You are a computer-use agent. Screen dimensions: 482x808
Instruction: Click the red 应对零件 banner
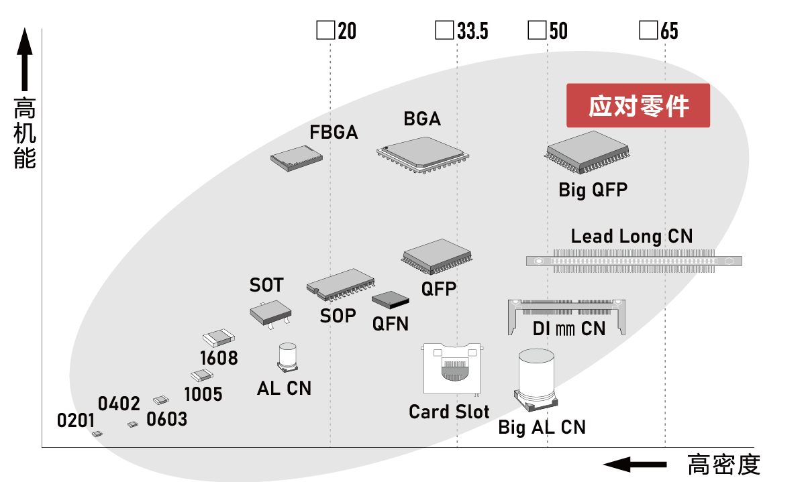(x=638, y=106)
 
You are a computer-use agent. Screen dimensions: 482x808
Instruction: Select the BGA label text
(x=422, y=119)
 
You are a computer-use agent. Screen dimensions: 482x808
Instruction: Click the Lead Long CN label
(x=632, y=236)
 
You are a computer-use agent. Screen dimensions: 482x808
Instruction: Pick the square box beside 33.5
(x=444, y=31)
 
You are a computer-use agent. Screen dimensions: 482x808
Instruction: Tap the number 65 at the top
(x=669, y=32)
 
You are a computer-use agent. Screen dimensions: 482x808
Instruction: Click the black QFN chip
(x=391, y=303)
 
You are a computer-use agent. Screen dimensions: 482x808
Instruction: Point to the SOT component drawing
(x=271, y=312)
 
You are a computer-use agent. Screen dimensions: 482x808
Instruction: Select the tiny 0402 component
(x=133, y=424)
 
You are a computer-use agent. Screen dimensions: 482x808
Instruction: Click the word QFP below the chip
(x=439, y=289)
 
